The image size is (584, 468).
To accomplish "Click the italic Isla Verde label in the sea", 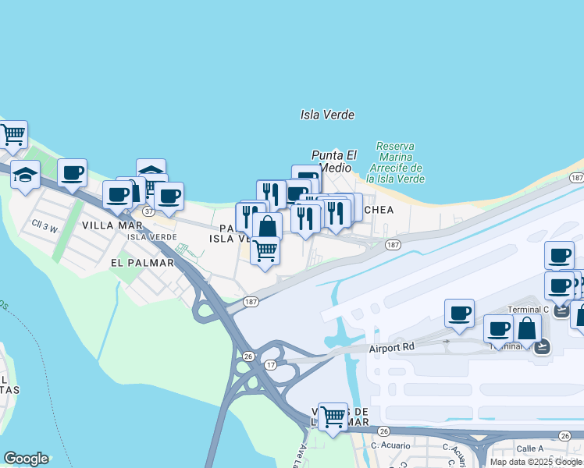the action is click(328, 115).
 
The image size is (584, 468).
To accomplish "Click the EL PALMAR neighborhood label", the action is click(142, 263).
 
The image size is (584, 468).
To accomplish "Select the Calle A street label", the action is click(529, 448).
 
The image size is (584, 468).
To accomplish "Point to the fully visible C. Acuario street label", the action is click(386, 447).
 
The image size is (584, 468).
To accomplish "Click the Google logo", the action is click(26, 459).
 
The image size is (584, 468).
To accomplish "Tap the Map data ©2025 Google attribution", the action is click(536, 462).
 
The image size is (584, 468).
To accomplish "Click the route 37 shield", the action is click(148, 211).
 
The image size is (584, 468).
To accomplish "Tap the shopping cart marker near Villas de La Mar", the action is click(333, 416).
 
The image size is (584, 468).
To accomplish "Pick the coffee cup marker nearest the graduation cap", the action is click(73, 173).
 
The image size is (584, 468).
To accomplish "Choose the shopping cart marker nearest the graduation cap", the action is click(12, 135).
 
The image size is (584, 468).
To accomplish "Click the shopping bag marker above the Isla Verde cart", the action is click(267, 227).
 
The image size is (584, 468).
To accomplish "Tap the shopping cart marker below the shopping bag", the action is click(265, 250).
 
